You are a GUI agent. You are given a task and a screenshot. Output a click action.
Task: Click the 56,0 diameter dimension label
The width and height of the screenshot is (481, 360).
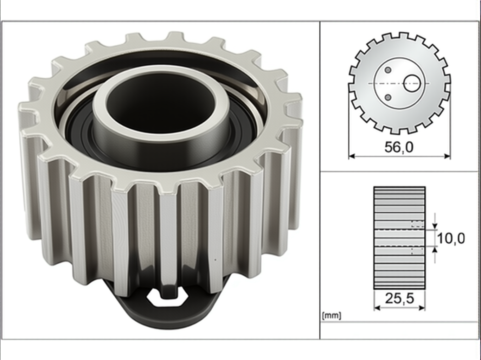pyautogui.click(x=399, y=147)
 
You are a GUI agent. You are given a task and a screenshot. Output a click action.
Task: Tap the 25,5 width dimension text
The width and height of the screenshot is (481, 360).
pyautogui.click(x=399, y=298)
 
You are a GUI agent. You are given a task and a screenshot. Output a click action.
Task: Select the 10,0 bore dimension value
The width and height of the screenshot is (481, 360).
pyautogui.click(x=451, y=238)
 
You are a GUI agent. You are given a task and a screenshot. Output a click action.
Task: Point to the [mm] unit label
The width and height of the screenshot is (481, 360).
pyautogui.click(x=332, y=316)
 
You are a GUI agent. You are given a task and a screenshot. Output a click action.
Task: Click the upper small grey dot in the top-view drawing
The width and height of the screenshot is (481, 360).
pyautogui.click(x=388, y=70)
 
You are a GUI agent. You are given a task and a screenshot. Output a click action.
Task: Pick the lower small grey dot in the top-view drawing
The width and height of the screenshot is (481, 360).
pyautogui.click(x=388, y=97)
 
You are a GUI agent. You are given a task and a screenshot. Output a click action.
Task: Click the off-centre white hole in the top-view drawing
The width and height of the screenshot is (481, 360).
pyautogui.click(x=412, y=83)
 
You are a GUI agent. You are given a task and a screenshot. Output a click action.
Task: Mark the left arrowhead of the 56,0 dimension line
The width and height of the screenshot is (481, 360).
pyautogui.click(x=352, y=156)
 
